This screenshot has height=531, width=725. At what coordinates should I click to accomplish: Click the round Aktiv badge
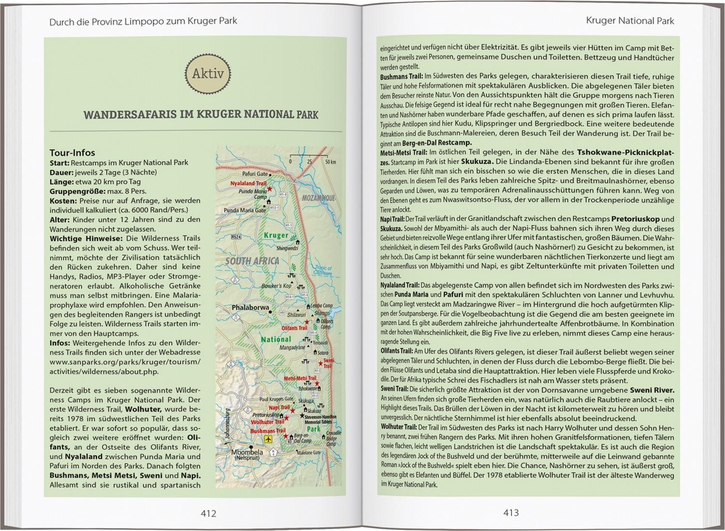(x=208, y=74)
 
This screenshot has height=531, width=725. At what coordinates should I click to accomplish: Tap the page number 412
(x=208, y=514)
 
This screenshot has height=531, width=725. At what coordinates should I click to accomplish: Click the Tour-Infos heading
(x=72, y=153)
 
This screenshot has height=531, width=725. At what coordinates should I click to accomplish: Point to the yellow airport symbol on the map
(x=268, y=439)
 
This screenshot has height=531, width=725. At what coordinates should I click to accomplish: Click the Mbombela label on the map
(x=247, y=452)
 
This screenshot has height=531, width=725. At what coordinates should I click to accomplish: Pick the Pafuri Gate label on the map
(x=255, y=174)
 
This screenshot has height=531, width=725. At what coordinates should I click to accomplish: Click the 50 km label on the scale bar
(x=330, y=161)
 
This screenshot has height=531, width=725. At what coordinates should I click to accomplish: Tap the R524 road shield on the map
(x=236, y=237)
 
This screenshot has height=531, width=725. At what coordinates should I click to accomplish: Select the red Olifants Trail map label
(x=294, y=328)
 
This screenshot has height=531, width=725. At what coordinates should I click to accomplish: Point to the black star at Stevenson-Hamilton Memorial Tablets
(x=302, y=416)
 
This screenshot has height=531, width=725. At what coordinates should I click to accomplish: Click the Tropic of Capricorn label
(x=323, y=271)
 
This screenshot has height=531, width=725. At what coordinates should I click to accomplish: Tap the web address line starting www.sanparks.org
(x=125, y=362)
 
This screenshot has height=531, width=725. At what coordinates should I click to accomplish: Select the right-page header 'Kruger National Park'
(x=629, y=21)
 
